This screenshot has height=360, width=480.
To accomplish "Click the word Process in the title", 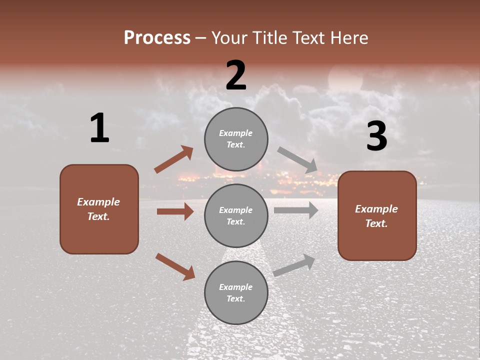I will pos(157,38).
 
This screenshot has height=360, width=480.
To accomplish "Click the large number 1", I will pos(99,128).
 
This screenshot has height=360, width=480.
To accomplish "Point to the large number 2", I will pos(236,75).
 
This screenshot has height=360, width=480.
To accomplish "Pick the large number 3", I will pos(376,136).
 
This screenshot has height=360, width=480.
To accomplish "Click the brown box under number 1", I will pos(99,209).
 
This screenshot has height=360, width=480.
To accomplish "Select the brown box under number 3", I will pos(377,215).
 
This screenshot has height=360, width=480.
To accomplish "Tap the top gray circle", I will pos(236,139).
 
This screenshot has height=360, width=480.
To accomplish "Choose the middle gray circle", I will pos(236,215).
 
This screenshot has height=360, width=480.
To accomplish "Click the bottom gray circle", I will pos(236,292).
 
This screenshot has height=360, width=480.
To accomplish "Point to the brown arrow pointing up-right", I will pos(173,159).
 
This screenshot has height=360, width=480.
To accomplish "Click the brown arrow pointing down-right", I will pos(175,266).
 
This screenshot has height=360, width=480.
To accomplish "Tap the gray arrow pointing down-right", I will pos(297,160).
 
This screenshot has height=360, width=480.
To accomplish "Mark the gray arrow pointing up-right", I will pos(294,265).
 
